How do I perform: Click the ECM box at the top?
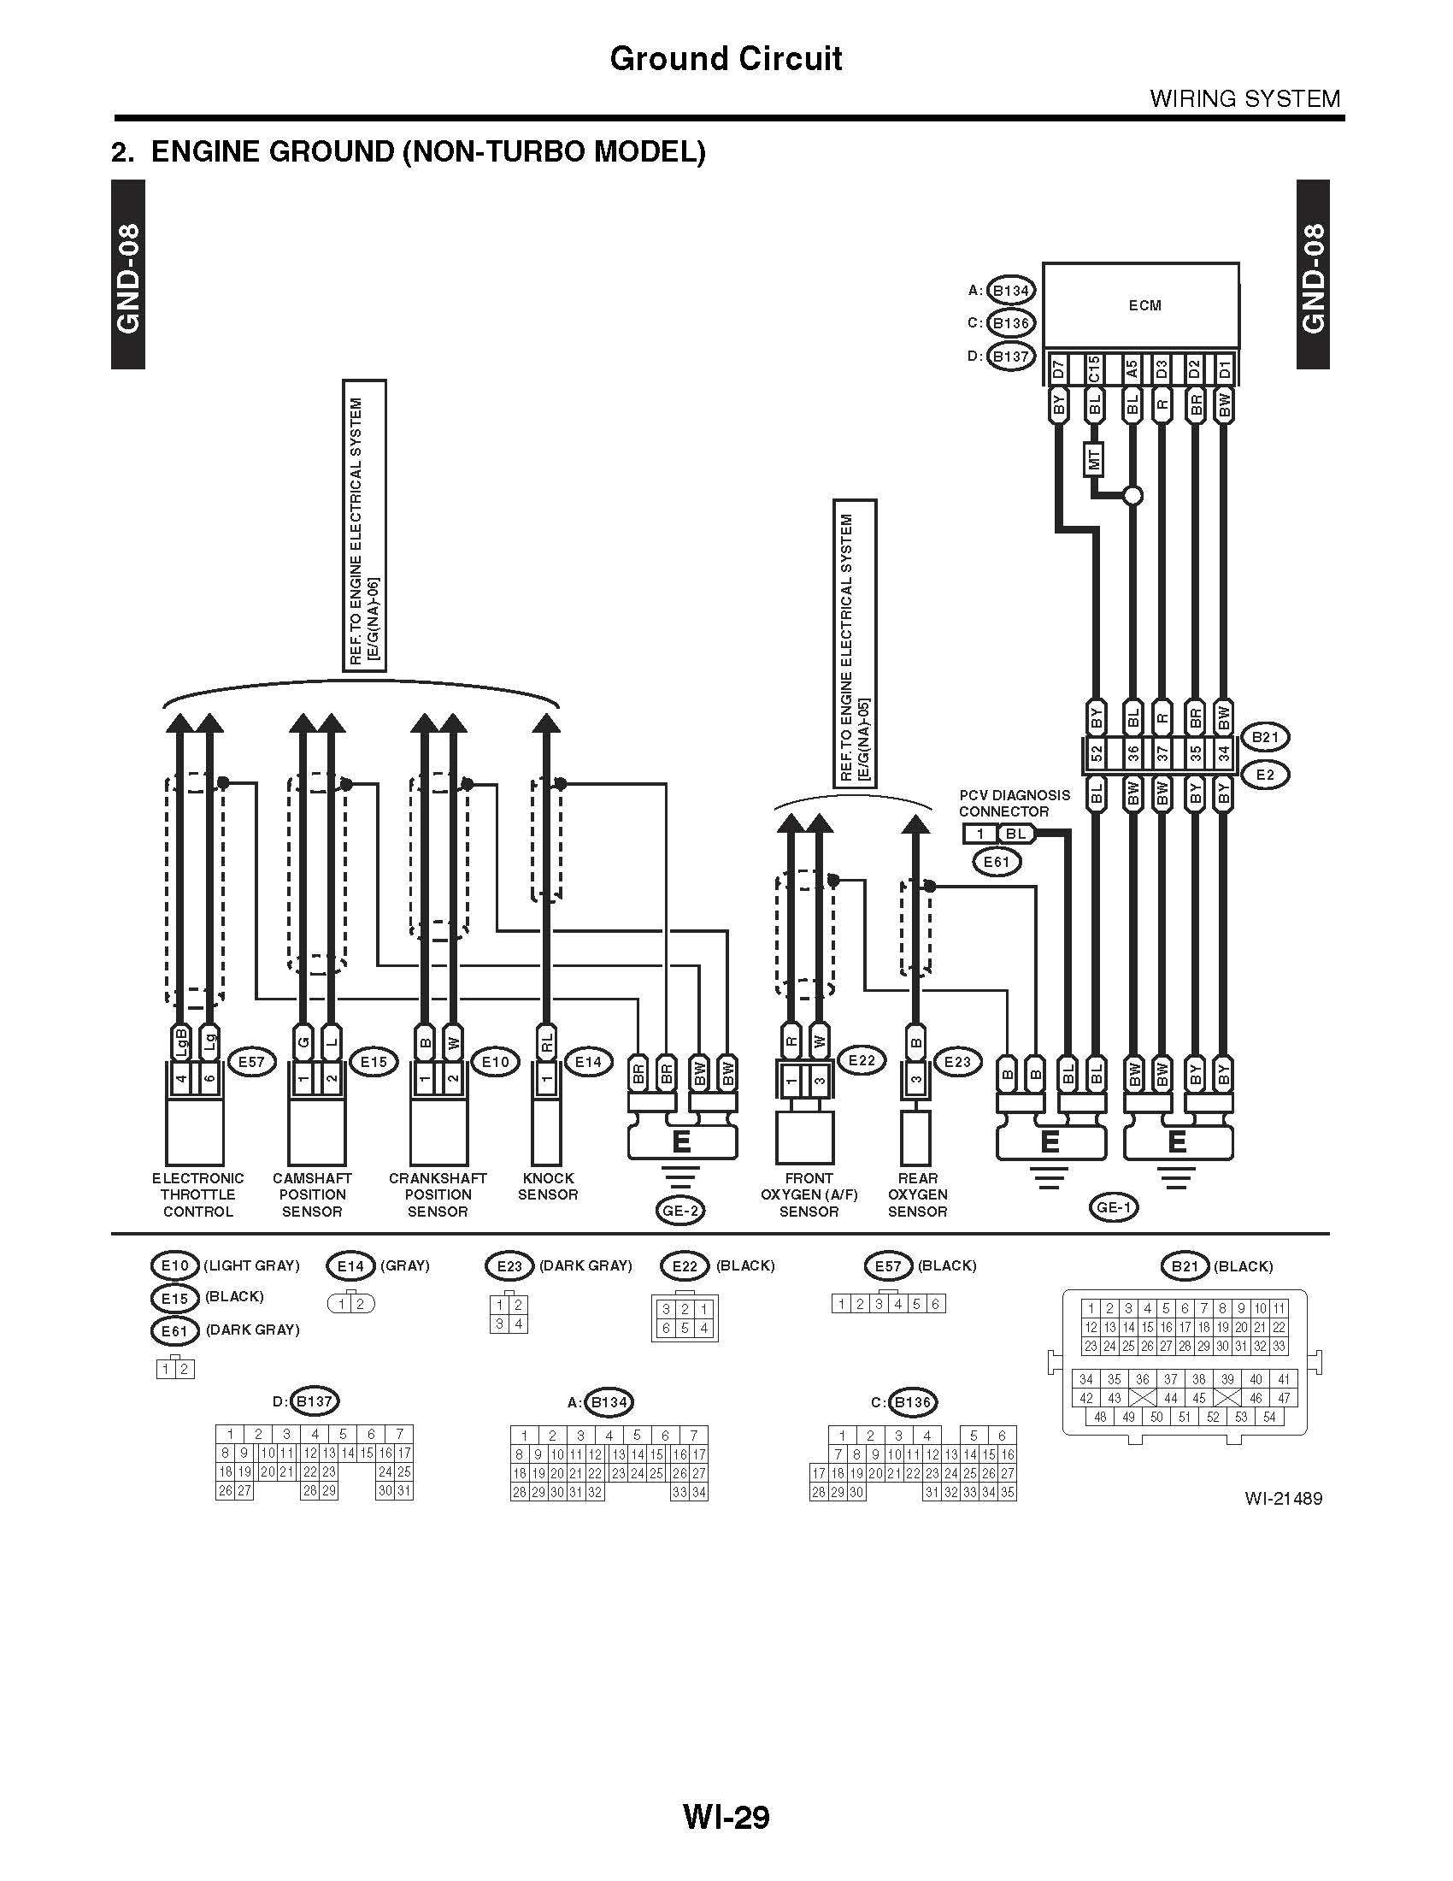click(x=1140, y=306)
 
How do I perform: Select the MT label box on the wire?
click(x=1094, y=458)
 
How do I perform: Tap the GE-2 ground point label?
click(x=681, y=1211)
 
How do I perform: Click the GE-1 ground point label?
click(x=1114, y=1207)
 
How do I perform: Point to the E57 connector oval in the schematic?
click(x=250, y=1062)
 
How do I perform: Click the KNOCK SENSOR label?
click(x=548, y=1186)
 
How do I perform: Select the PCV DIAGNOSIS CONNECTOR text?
click(x=1015, y=803)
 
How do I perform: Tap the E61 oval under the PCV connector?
click(x=997, y=861)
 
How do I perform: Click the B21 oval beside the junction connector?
click(x=1265, y=737)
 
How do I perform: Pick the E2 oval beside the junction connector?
click(x=1265, y=775)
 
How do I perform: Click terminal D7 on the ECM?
click(x=1059, y=369)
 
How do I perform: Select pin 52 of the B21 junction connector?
click(x=1096, y=754)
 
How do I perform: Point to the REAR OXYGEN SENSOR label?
click(x=918, y=1194)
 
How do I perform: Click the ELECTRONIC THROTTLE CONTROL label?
click(x=198, y=1194)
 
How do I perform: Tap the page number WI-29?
click(x=726, y=1818)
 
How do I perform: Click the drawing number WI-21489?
click(x=1284, y=1499)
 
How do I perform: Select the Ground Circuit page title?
click(x=726, y=58)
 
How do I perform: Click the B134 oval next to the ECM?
click(x=1010, y=290)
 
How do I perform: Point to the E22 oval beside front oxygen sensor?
click(x=862, y=1061)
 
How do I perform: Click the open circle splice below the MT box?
click(x=1133, y=496)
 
